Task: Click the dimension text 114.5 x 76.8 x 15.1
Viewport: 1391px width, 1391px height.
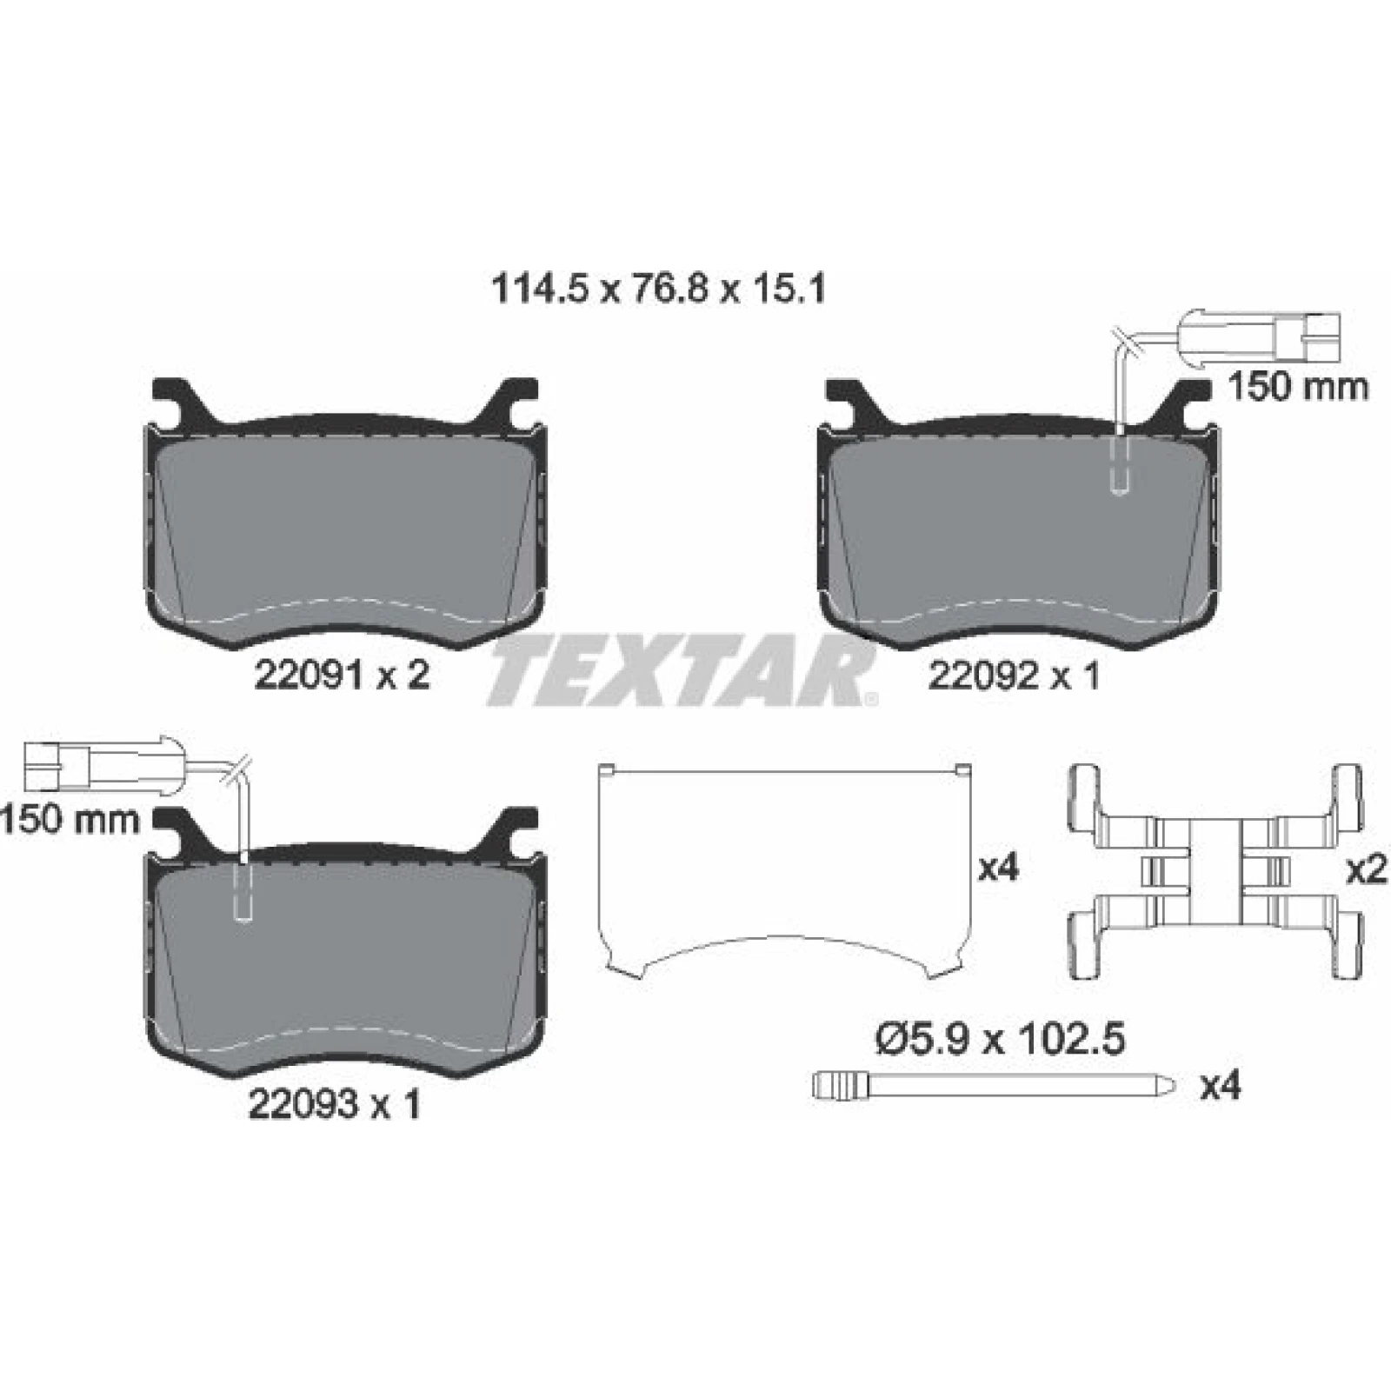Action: (x=658, y=289)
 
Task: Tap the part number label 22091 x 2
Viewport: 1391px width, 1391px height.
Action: (x=342, y=674)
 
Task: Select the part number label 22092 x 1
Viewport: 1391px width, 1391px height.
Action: (x=1015, y=674)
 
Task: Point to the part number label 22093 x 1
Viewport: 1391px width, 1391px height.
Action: (x=335, y=1104)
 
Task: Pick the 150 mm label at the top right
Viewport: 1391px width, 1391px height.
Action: (x=1297, y=387)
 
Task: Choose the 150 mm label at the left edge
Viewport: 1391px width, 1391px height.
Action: (x=70, y=819)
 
